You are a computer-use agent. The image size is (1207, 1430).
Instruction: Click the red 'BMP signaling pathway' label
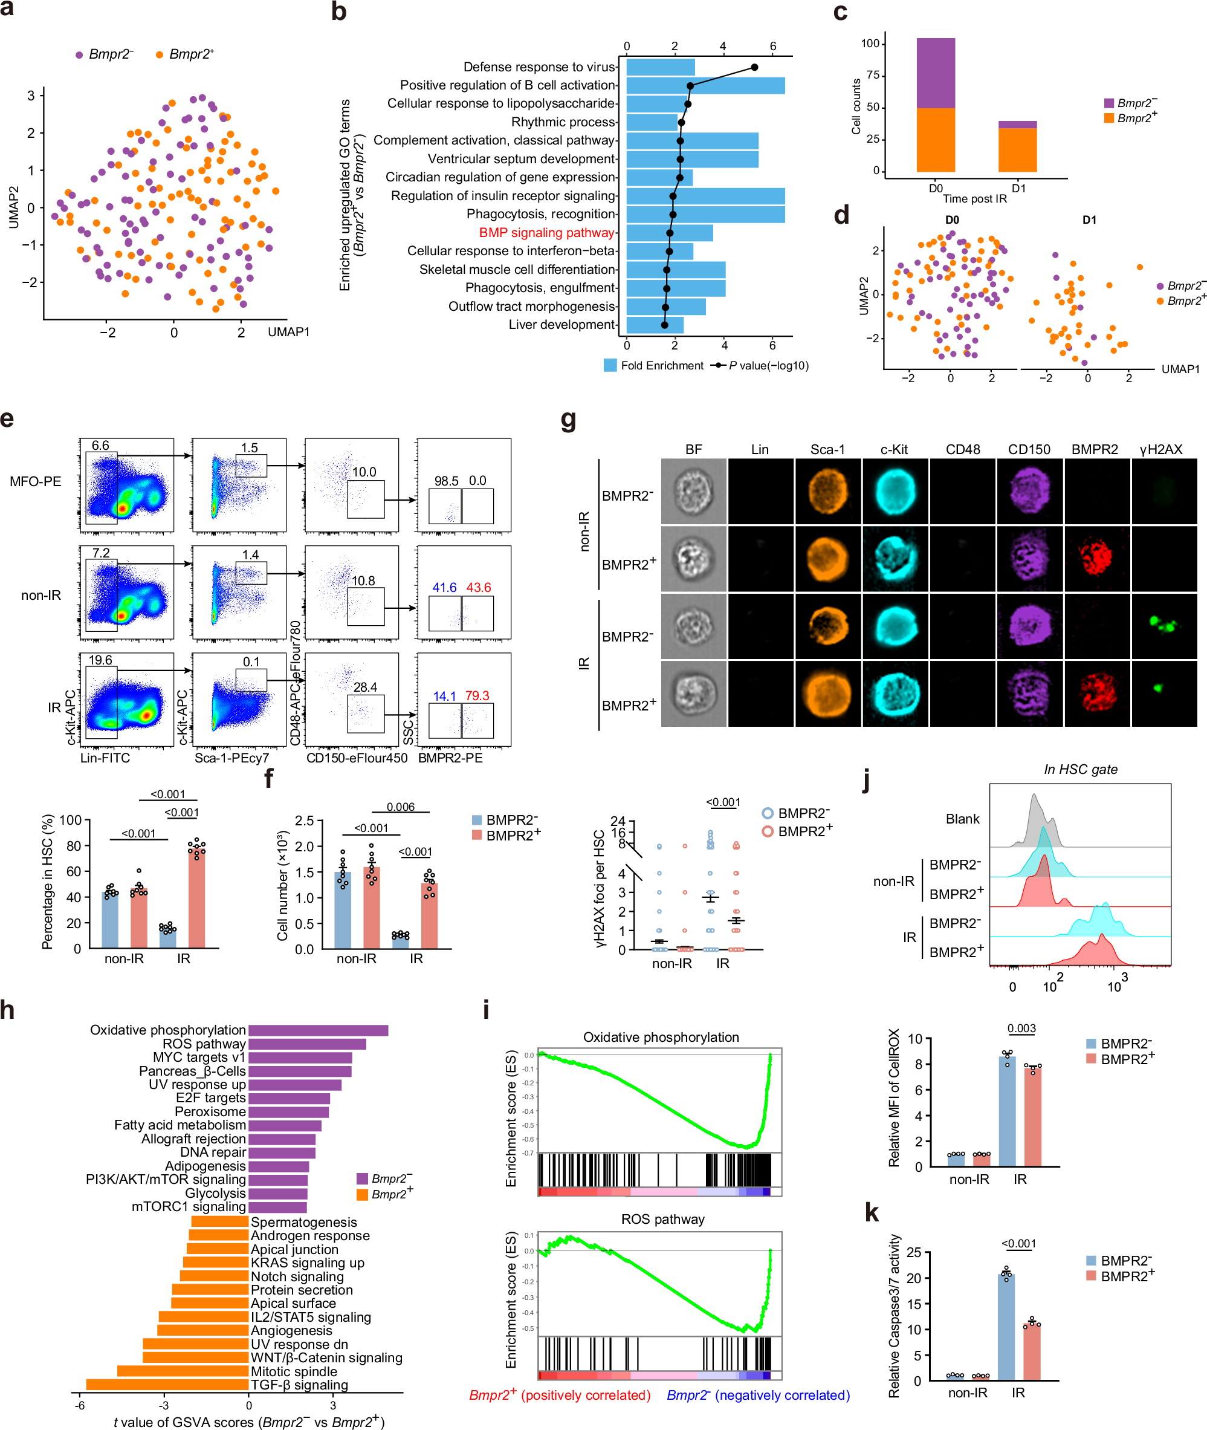pos(546,233)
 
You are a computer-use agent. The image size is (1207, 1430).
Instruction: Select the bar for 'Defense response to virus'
pos(660,67)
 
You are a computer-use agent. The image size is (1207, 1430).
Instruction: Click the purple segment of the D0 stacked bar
pos(936,73)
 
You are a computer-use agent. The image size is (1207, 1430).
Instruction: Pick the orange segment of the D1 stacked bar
pos(1017,150)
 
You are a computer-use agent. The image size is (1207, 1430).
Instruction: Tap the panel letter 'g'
pos(569,419)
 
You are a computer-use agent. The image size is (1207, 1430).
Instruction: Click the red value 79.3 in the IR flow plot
pos(477,695)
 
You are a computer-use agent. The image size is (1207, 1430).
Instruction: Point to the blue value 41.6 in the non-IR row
pos(444,587)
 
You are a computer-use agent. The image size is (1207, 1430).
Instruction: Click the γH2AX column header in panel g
pos(1160,449)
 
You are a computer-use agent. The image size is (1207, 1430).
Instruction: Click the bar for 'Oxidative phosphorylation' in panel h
pos(318,1030)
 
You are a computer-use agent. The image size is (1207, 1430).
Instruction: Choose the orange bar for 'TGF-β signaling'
pos(167,1384)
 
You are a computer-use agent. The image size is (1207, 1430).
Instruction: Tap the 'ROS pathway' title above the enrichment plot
pos(662,1218)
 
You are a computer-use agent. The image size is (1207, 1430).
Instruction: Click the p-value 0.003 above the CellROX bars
pos(1021,1027)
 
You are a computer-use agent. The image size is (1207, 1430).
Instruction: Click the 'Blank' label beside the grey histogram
pos(962,819)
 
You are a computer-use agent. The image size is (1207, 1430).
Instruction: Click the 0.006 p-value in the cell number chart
pos(400,807)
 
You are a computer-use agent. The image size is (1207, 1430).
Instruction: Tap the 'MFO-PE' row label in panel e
pos(35,481)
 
